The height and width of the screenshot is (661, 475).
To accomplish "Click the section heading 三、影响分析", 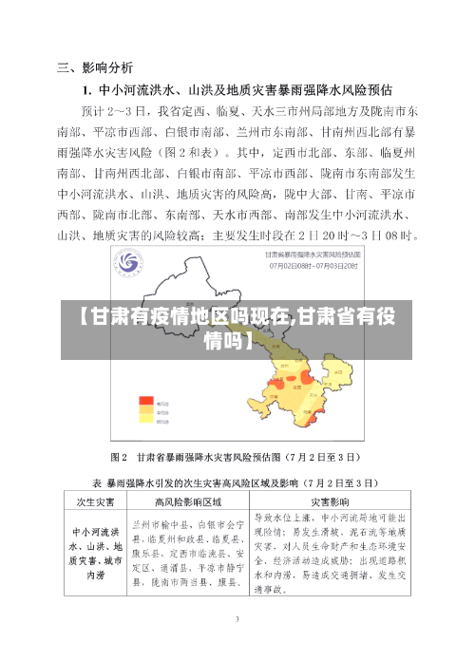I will (x=95, y=67).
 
